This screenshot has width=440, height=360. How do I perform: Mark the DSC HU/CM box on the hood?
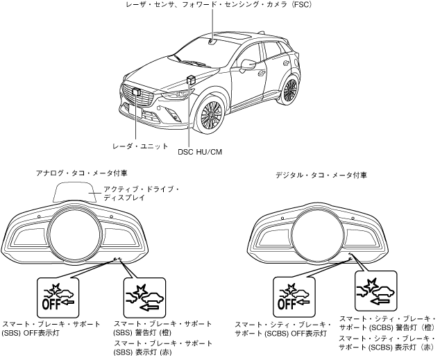click(x=192, y=78)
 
